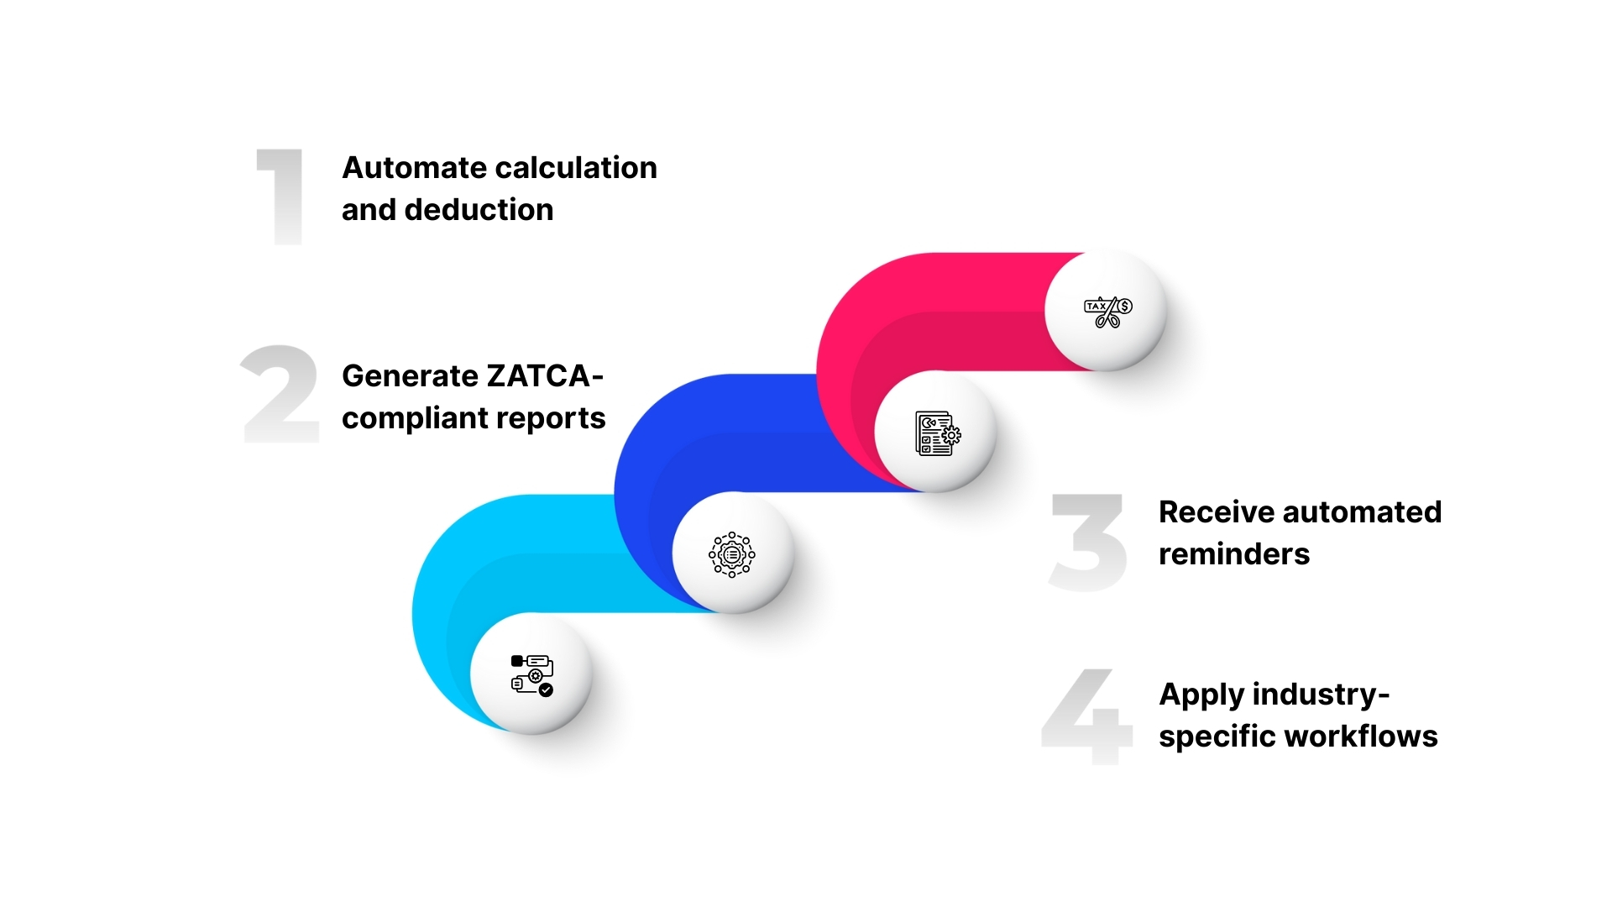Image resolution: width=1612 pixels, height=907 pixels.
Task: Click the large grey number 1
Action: click(281, 197)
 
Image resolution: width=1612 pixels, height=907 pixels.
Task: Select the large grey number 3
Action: click(1087, 542)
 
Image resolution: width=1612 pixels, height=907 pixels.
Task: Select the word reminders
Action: click(1233, 554)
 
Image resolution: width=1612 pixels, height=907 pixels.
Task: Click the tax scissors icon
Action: click(1107, 312)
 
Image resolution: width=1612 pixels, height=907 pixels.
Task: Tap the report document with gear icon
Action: click(937, 433)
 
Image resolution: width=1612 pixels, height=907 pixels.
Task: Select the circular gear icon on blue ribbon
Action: click(732, 554)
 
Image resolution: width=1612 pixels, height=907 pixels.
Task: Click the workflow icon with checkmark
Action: click(531, 674)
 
